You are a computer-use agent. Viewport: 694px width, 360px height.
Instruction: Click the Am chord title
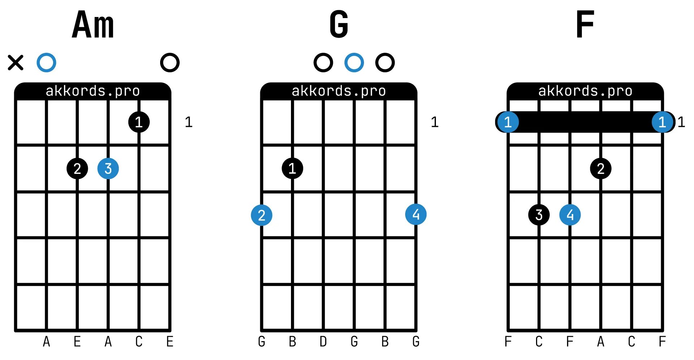(93, 25)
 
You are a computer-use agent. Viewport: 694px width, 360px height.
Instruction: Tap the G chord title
(339, 25)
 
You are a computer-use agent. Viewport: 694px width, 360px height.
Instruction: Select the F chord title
(585, 25)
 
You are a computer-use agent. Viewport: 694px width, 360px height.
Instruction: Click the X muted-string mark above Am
(16, 63)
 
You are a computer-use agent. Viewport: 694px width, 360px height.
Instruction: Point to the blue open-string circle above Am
(46, 63)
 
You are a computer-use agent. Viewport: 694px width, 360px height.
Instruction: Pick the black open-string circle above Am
(170, 63)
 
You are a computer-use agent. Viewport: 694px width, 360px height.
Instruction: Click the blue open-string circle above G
(354, 63)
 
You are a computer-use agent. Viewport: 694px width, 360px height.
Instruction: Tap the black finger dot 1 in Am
(139, 122)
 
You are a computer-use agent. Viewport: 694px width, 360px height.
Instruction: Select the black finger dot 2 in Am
(77, 168)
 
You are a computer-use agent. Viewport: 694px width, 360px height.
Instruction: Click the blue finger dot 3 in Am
(108, 168)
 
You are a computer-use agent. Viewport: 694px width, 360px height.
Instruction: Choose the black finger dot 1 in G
(292, 168)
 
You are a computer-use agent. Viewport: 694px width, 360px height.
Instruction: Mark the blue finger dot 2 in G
(262, 215)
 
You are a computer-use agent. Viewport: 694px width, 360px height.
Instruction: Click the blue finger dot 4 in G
(416, 215)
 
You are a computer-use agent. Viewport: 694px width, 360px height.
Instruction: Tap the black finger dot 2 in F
(600, 168)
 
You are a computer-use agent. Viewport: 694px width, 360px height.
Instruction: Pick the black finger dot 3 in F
(539, 215)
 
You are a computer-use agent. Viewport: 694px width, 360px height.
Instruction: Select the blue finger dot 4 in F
(570, 215)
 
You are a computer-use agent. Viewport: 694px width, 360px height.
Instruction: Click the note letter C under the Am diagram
(139, 342)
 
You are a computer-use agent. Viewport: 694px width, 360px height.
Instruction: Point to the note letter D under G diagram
(323, 342)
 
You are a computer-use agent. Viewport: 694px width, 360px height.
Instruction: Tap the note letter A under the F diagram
(600, 342)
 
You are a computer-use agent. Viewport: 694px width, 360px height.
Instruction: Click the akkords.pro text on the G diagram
(339, 91)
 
